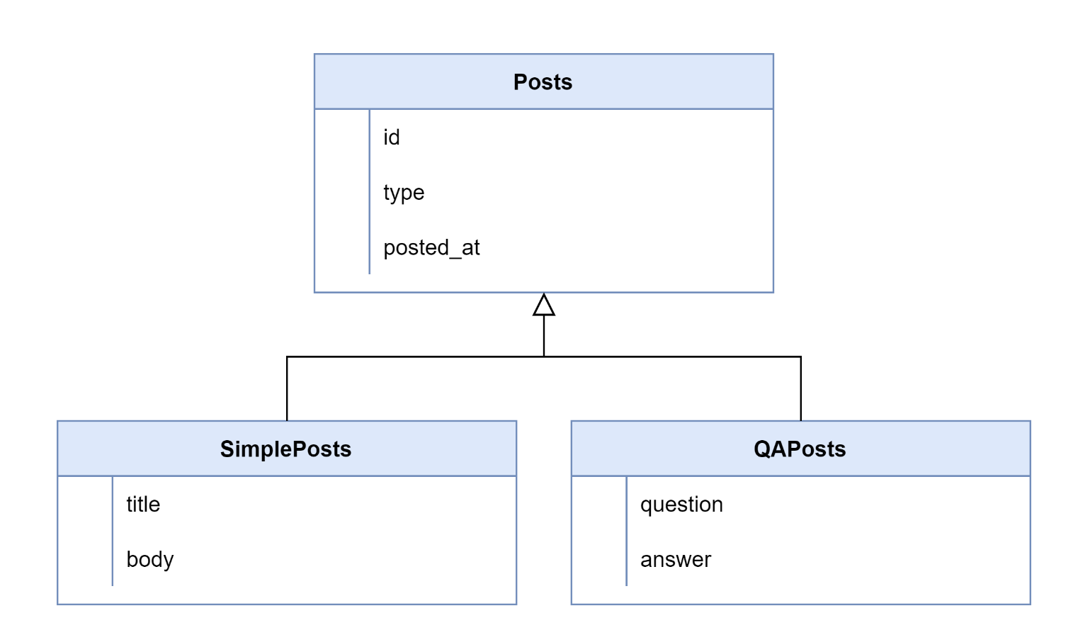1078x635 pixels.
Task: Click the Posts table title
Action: (x=543, y=82)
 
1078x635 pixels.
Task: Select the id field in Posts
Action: (x=392, y=137)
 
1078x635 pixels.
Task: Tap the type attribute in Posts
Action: (x=404, y=193)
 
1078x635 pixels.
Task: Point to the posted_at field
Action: (x=431, y=248)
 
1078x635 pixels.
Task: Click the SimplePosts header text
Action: (x=285, y=449)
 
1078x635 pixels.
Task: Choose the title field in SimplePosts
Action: (x=143, y=505)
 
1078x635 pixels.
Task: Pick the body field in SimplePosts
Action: (x=149, y=560)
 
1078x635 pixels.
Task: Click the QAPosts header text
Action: (x=800, y=449)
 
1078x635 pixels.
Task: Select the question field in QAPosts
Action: (x=681, y=505)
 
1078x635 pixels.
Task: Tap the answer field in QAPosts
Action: (x=676, y=560)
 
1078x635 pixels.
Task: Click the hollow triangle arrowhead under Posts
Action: (x=544, y=305)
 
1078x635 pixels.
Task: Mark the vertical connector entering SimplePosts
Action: (x=287, y=390)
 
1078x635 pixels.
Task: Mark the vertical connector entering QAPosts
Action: (x=801, y=390)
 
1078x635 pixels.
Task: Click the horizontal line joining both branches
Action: (x=425, y=356)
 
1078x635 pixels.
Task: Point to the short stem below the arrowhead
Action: (x=544, y=336)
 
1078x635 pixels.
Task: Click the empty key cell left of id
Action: (x=342, y=137)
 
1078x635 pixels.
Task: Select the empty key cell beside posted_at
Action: (x=342, y=248)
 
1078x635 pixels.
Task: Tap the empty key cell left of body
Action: (x=85, y=560)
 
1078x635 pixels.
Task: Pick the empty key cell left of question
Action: (x=599, y=505)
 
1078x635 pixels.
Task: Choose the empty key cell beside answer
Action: (x=599, y=560)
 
